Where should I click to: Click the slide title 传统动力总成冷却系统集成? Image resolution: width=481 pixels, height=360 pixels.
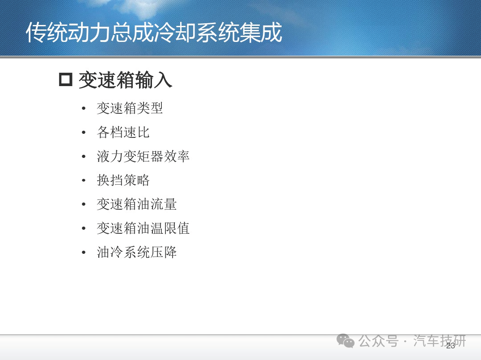(x=154, y=33)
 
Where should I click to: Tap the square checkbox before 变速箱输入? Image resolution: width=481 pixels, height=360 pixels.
(x=66, y=79)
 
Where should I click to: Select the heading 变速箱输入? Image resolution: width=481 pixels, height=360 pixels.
(x=125, y=80)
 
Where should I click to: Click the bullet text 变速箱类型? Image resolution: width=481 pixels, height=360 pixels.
(x=130, y=108)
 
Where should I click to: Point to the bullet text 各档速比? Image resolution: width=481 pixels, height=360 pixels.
(x=123, y=132)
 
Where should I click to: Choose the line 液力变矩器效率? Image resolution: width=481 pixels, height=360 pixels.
(x=143, y=156)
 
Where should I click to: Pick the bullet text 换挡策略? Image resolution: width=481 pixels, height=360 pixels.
(x=123, y=180)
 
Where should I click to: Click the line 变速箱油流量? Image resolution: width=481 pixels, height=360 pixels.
(x=136, y=204)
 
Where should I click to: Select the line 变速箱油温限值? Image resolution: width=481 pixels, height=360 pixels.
(x=143, y=228)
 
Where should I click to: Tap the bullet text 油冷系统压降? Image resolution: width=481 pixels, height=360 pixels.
(x=136, y=252)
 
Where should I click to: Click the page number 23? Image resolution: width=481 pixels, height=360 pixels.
(x=451, y=346)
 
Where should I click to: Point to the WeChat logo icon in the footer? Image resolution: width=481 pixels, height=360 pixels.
(x=346, y=341)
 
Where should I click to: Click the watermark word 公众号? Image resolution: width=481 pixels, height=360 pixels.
(x=378, y=341)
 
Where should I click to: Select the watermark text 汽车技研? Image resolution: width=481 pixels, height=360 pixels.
(x=439, y=341)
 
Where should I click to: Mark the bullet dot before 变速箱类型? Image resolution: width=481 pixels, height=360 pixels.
(x=84, y=108)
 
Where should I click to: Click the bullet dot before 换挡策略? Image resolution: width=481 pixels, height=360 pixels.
(x=84, y=180)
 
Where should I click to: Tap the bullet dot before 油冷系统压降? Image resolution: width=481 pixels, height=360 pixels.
(x=84, y=252)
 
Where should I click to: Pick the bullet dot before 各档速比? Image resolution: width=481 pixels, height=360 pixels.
(x=84, y=132)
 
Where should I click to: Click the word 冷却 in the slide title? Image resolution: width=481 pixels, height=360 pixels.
(x=175, y=33)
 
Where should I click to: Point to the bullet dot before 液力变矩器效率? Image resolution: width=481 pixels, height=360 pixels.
(x=84, y=157)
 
